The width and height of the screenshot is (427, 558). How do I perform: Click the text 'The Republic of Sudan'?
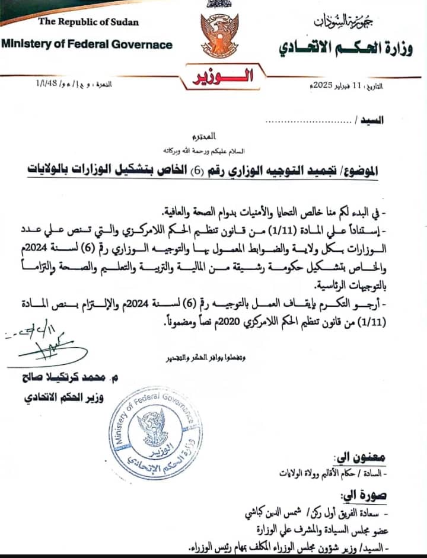click(x=88, y=22)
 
